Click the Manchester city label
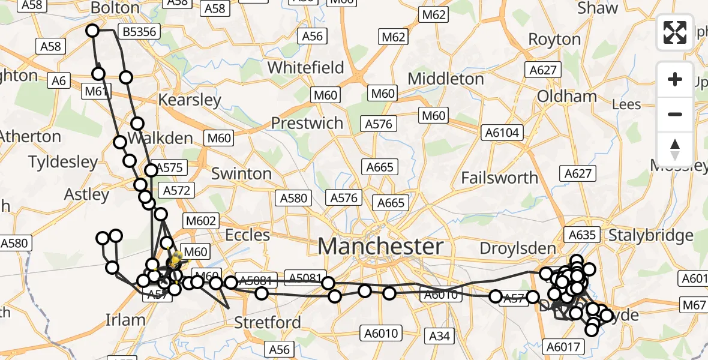pyautogui.click(x=380, y=246)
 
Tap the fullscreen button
pyautogui.click(x=675, y=32)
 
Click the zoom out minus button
pyautogui.click(x=675, y=114)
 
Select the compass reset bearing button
pyautogui.click(x=675, y=149)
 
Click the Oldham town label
pyautogui.click(x=566, y=96)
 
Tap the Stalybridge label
pyautogui.click(x=650, y=235)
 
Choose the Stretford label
pyautogui.click(x=267, y=322)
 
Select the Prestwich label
pyautogui.click(x=307, y=123)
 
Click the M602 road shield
pyautogui.click(x=200, y=221)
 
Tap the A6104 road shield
pyautogui.click(x=502, y=133)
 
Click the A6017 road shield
pyautogui.click(x=562, y=346)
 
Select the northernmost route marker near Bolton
pyautogui.click(x=92, y=31)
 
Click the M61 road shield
pyautogui.click(x=96, y=91)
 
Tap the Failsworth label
pyautogui.click(x=499, y=178)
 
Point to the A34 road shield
pyautogui.click(x=440, y=336)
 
